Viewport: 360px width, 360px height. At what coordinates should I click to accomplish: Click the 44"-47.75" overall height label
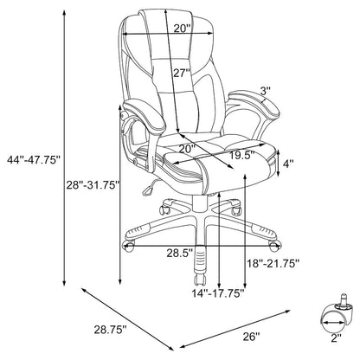(34, 160)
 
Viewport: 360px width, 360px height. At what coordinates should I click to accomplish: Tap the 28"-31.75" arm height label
(93, 185)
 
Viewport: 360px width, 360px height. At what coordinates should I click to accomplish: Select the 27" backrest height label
(182, 74)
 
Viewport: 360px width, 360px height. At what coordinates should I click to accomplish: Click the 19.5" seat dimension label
(241, 156)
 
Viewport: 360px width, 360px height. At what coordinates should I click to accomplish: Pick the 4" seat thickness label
(287, 164)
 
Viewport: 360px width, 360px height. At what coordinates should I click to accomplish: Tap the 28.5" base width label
(179, 254)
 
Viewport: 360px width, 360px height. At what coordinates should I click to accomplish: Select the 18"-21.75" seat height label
(273, 263)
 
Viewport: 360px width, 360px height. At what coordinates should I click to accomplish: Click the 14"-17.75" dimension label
(218, 293)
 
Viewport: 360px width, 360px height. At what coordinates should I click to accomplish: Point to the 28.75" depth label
(111, 330)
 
